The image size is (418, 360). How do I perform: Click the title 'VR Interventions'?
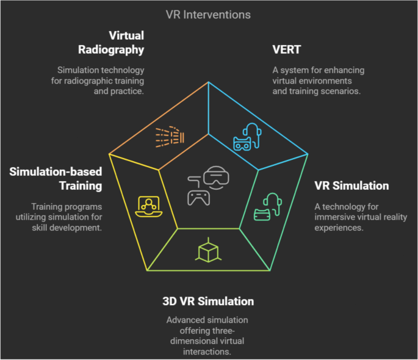209,13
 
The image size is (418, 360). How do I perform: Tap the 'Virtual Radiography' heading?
126,42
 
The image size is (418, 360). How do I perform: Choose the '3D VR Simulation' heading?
208,301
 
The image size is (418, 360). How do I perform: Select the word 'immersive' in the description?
333,218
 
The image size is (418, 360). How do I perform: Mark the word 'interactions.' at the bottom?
209,352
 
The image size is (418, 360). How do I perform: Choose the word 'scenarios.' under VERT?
343,92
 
